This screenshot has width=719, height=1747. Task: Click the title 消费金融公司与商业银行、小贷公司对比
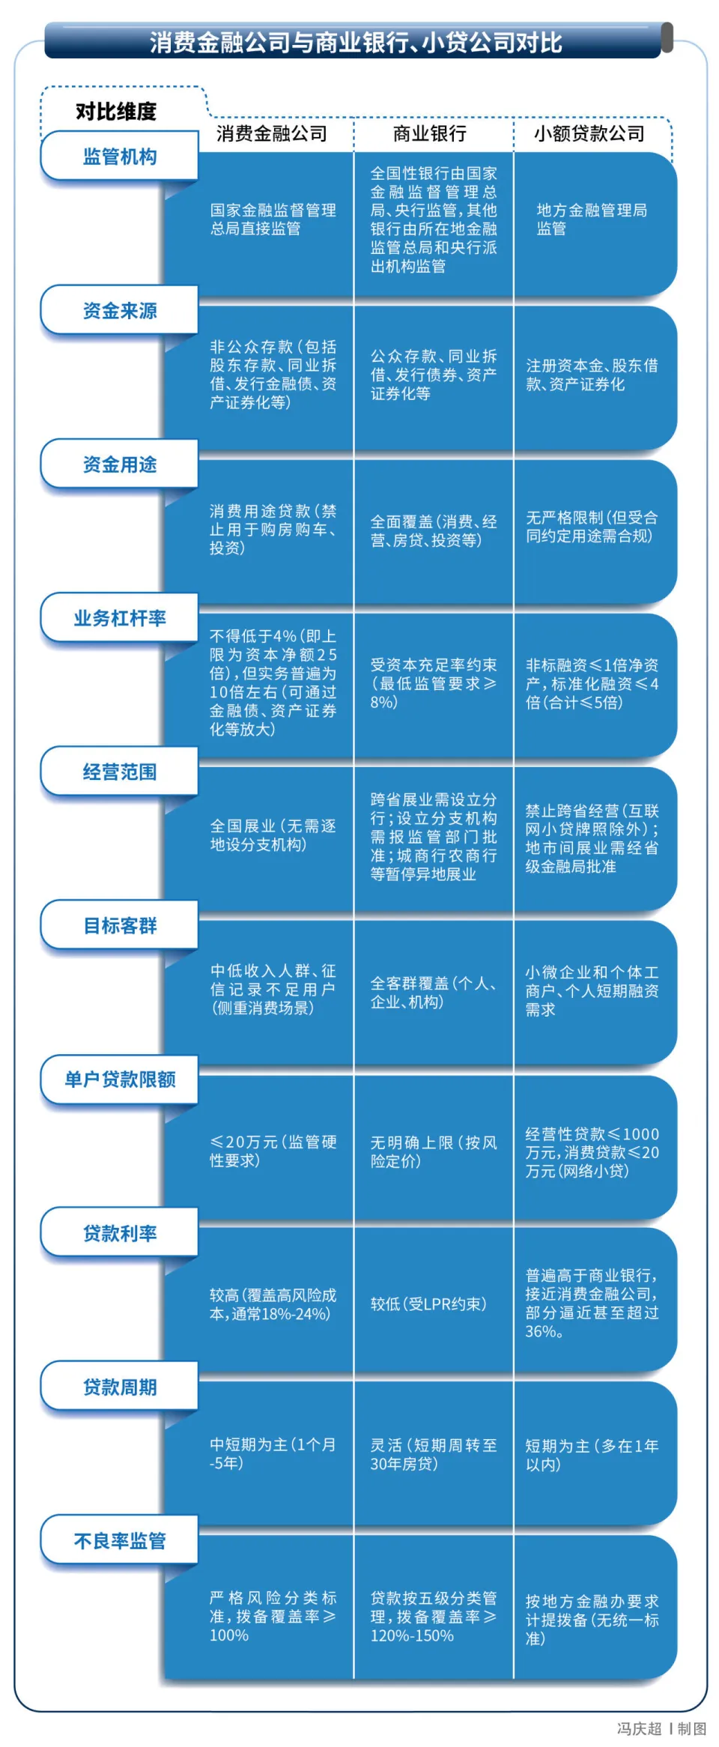(356, 43)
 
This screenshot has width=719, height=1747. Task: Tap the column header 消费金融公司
(272, 134)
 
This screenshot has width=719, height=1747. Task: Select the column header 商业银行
(430, 134)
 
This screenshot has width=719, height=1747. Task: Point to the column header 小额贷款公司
(589, 134)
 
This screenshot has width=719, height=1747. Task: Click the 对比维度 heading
(116, 112)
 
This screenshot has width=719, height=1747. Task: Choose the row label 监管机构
(120, 157)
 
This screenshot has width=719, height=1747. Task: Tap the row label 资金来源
(120, 311)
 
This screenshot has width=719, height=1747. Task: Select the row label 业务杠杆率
(120, 618)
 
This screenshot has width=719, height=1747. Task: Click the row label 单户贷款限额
(120, 1080)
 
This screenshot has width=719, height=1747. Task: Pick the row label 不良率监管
(120, 1541)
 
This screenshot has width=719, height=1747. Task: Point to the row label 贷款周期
(120, 1387)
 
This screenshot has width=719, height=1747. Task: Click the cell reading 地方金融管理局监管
(592, 219)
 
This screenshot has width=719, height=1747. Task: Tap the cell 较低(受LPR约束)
(428, 1304)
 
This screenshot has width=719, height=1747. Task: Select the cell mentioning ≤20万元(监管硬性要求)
(273, 1151)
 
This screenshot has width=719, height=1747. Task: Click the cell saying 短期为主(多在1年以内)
(592, 1455)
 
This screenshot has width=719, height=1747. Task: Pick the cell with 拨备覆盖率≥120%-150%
(434, 1617)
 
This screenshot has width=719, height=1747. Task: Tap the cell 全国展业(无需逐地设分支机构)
(273, 835)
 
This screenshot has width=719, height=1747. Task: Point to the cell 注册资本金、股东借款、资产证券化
(592, 375)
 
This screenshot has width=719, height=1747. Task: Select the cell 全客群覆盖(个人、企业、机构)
(434, 993)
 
